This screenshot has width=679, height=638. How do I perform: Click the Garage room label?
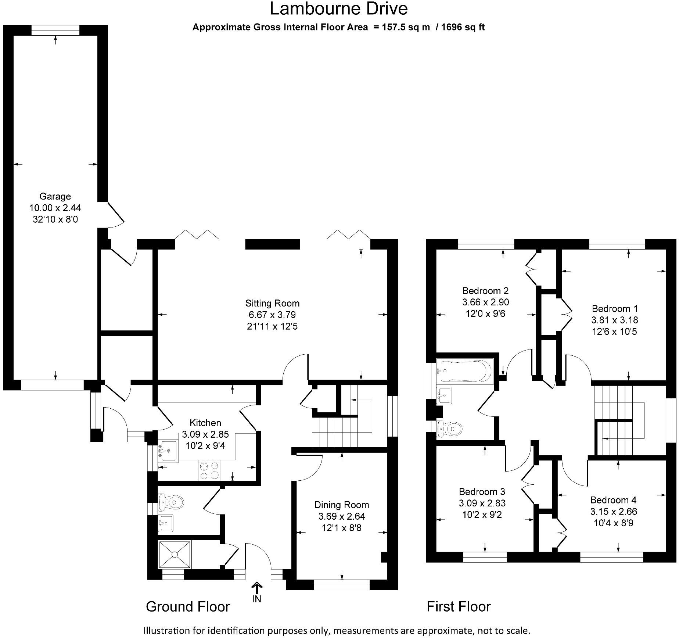[x=55, y=196]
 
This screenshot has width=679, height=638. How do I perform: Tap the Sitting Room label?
[x=272, y=303]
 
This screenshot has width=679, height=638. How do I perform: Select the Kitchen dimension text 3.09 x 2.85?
[x=205, y=434]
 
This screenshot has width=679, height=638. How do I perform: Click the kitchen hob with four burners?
[x=209, y=470]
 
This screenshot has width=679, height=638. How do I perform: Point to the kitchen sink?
[x=168, y=451]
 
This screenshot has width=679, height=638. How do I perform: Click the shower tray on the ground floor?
[x=175, y=554]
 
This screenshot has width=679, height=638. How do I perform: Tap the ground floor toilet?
[x=172, y=501]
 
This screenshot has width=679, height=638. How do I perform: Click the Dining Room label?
[x=341, y=505]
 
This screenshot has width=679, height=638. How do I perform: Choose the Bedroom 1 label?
[x=615, y=309]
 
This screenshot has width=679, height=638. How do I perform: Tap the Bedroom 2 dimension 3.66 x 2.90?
[x=485, y=302]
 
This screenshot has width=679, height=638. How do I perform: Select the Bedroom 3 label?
[x=482, y=492]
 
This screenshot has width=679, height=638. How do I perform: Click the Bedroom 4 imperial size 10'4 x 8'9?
[x=614, y=523]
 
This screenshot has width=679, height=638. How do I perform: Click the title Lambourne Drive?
[x=338, y=9]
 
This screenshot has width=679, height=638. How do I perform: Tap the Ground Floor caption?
[x=188, y=607]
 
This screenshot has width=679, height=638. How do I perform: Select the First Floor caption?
[x=459, y=607]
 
